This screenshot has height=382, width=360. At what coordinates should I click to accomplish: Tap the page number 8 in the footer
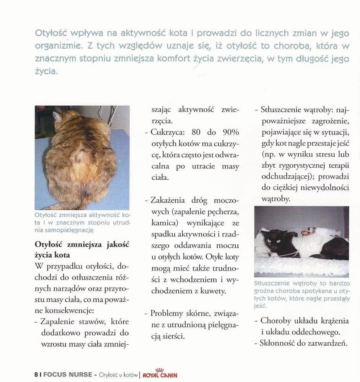coord(36,375)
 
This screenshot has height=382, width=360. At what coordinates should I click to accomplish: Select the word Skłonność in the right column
coord(277,343)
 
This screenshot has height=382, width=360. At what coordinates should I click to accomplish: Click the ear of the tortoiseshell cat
coord(57,117)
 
